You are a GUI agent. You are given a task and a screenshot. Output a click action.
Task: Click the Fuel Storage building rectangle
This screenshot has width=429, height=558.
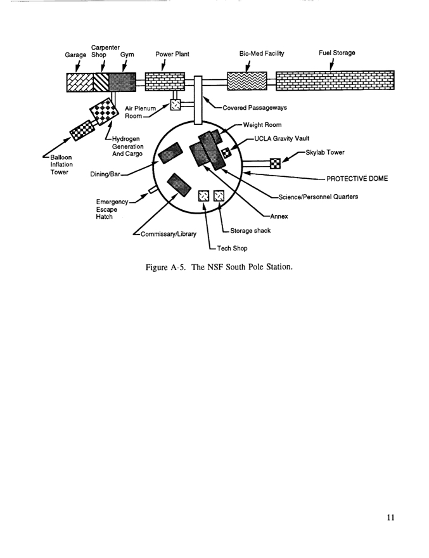coord(335,82)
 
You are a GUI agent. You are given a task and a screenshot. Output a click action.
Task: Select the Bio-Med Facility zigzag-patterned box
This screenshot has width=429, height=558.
coord(247,81)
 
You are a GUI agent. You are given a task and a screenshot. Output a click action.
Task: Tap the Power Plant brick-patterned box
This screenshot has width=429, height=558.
coord(165,82)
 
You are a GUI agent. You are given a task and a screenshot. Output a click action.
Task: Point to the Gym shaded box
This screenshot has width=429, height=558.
coord(122,82)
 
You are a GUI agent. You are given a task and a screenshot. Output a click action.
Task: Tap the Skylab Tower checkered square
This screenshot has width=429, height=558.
coord(275,163)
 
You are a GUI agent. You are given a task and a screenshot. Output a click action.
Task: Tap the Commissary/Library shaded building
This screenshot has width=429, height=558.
coord(179,185)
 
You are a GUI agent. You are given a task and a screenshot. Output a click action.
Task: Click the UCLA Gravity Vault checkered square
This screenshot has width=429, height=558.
coord(227,152)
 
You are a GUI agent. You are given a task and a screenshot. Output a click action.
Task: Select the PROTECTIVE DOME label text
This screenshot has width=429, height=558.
coord(357,178)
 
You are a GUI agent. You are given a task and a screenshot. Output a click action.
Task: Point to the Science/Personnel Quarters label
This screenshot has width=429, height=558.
coord(317,197)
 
